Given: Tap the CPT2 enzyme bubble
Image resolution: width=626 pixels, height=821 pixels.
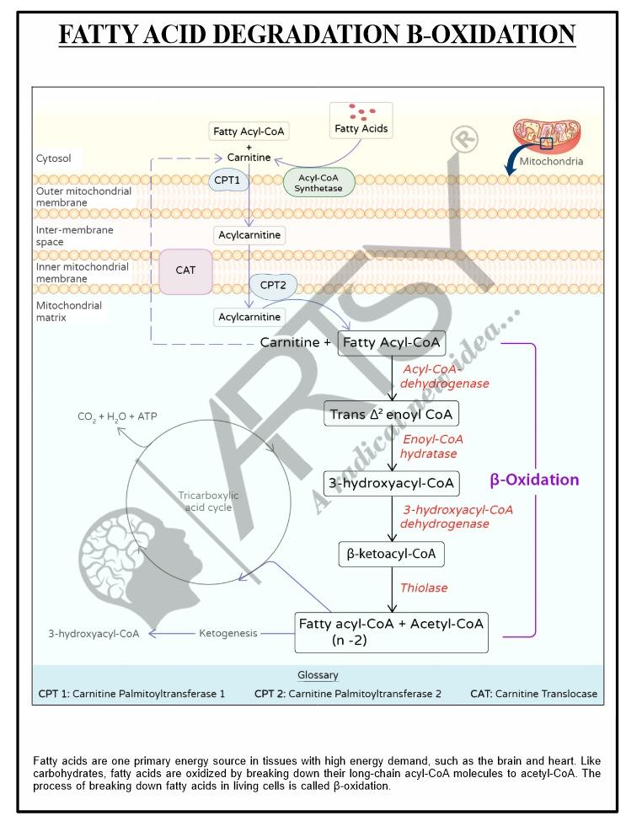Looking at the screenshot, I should tap(273, 286).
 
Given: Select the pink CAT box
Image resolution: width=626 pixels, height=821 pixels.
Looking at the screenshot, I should tap(185, 271).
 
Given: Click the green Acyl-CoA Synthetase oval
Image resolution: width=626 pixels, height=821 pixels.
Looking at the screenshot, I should tap(318, 181).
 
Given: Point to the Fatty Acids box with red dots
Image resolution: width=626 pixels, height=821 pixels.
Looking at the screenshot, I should tap(361, 121).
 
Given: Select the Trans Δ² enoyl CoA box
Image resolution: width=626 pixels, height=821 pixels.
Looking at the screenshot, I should tap(391, 413).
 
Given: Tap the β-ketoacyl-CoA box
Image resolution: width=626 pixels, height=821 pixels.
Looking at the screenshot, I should tap(391, 555).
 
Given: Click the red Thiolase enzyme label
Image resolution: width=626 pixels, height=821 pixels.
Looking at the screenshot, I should tap(424, 588).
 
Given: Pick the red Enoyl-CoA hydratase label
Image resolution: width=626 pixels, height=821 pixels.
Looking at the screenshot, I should tap(432, 446).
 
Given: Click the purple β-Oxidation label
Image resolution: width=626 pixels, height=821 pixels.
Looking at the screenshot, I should tap(534, 480).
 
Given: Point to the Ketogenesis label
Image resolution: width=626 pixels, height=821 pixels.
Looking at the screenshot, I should tap(228, 633).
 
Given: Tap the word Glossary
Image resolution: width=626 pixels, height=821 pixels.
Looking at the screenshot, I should tap(318, 675).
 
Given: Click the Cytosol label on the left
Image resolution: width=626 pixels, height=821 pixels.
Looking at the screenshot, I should tap(53, 158).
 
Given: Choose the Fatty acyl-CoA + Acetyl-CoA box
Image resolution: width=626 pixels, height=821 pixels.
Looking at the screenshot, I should tap(391, 631).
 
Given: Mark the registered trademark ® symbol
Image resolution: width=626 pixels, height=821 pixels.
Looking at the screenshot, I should tap(463, 138).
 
